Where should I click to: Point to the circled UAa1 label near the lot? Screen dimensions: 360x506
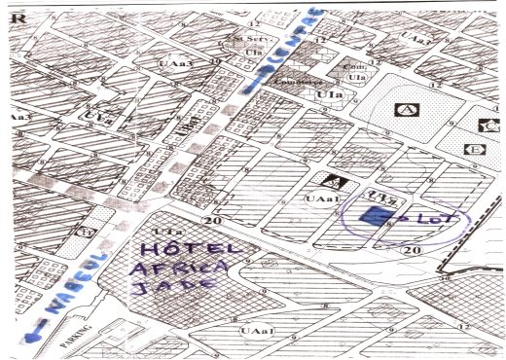tap(322, 198)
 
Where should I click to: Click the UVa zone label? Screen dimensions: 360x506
tap(98, 118)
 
